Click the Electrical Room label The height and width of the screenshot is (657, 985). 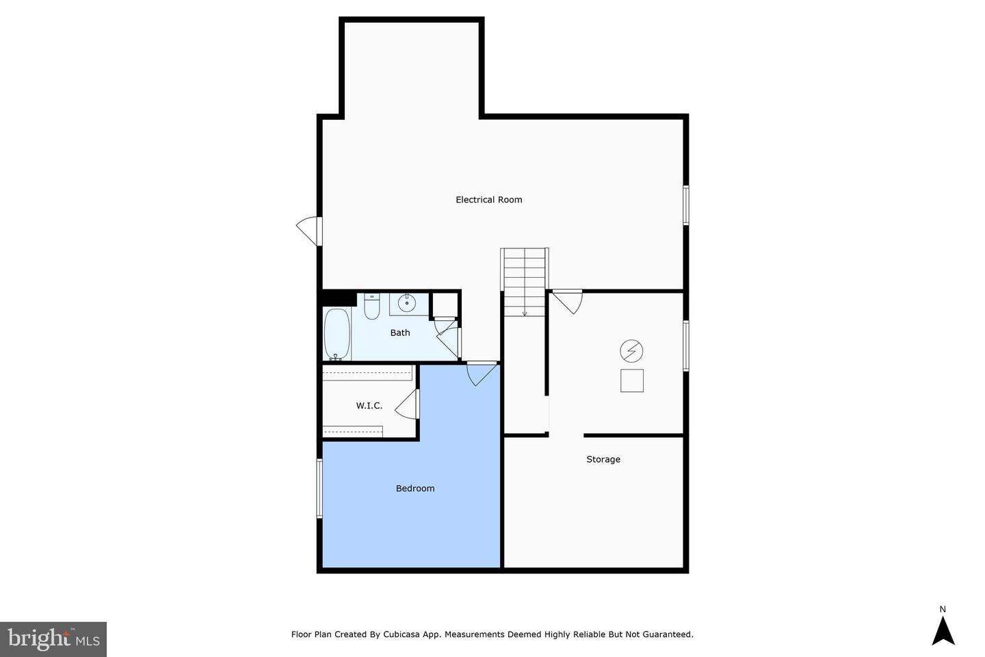(x=488, y=200)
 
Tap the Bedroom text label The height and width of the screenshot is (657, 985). (x=415, y=489)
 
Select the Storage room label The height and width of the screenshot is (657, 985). (x=603, y=459)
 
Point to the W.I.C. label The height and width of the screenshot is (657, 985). (x=369, y=406)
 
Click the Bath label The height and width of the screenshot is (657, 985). (x=400, y=333)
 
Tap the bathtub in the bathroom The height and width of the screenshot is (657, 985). (x=337, y=334)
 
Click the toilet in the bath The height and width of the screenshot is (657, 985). (x=371, y=307)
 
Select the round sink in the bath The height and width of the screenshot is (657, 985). (x=407, y=302)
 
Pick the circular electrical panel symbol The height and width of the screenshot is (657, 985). (x=631, y=352)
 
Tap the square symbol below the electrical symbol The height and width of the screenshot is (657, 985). (x=631, y=381)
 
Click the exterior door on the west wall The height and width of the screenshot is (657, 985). (x=309, y=231)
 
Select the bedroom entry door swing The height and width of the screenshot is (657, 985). (x=481, y=373)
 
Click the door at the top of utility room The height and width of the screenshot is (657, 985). (x=567, y=300)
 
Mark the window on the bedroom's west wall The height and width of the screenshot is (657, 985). (x=319, y=488)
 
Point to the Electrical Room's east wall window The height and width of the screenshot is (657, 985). (x=685, y=205)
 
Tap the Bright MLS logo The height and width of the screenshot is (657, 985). (x=53, y=639)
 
